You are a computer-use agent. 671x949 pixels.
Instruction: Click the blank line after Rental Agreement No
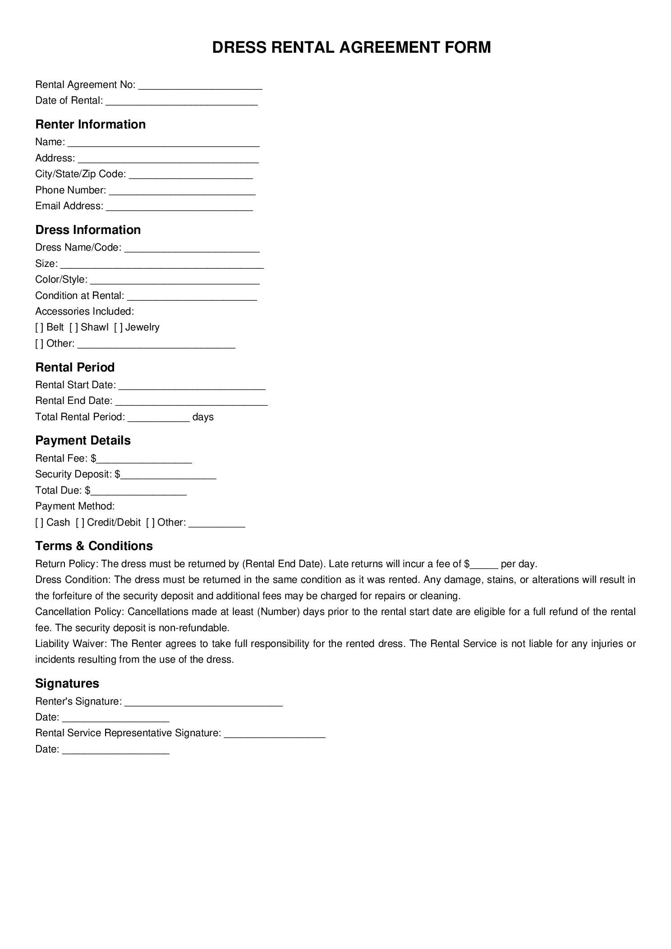pyautogui.click(x=200, y=87)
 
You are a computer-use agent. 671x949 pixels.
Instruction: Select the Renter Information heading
pyautogui.click(x=90, y=124)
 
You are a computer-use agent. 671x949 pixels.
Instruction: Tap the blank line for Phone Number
pyautogui.click(x=182, y=193)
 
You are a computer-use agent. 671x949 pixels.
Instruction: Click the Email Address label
pyautogui.click(x=69, y=206)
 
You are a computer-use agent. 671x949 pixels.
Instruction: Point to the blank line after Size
pyautogui.click(x=161, y=266)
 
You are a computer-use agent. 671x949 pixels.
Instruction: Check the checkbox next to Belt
pyautogui.click(x=39, y=327)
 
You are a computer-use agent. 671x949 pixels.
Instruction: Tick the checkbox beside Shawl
pyautogui.click(x=74, y=327)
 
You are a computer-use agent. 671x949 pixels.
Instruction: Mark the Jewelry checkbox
pyautogui.click(x=118, y=327)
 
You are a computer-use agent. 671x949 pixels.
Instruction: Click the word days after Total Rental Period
pyautogui.click(x=203, y=417)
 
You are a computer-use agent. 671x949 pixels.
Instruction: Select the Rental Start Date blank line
pyautogui.click(x=192, y=387)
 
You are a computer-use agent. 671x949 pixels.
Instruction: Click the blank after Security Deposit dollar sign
pyautogui.click(x=169, y=477)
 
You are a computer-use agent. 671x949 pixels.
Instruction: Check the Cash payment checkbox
pyautogui.click(x=39, y=523)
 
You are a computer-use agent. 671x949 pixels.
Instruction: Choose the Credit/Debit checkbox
pyautogui.click(x=80, y=523)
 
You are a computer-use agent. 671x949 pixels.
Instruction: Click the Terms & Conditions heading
pyautogui.click(x=94, y=546)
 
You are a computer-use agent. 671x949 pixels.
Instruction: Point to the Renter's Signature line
pyautogui.click(x=203, y=704)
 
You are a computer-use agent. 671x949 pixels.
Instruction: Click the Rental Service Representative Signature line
pyautogui.click(x=275, y=736)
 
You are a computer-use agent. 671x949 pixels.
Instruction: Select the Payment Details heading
pyautogui.click(x=83, y=440)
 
